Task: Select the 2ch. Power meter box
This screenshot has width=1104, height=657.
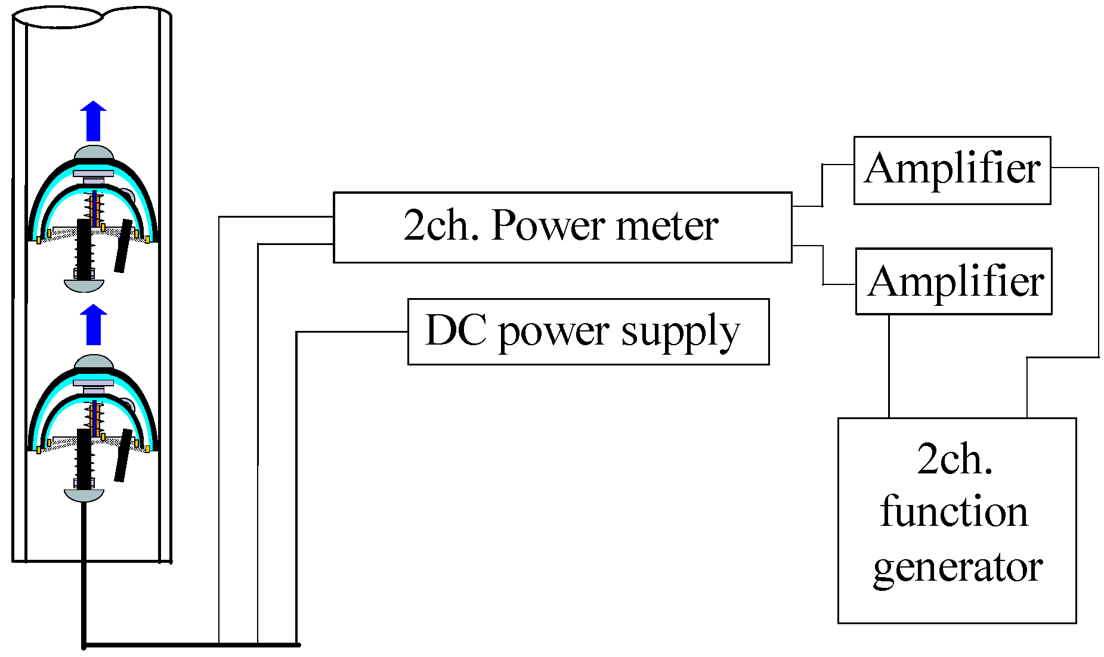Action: click(x=562, y=227)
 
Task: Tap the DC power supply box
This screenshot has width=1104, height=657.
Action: click(x=587, y=332)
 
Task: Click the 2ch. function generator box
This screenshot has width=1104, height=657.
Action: click(x=956, y=520)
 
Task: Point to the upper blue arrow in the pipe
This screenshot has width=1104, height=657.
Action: click(x=94, y=122)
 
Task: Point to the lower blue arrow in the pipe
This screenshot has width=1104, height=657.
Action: click(x=94, y=325)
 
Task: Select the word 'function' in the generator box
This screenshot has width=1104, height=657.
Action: click(x=954, y=512)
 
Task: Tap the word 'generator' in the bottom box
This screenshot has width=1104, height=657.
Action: click(x=957, y=567)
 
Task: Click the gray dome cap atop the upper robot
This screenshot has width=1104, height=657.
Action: click(x=94, y=153)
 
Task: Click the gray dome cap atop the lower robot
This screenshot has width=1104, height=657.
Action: click(x=94, y=362)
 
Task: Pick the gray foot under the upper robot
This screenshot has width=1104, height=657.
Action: click(x=84, y=286)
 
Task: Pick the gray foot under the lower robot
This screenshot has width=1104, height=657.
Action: click(x=84, y=495)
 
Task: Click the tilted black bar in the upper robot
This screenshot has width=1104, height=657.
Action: click(x=123, y=246)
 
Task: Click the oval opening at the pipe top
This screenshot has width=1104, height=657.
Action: click(x=58, y=17)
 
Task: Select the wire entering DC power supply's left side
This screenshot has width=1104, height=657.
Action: click(x=352, y=331)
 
